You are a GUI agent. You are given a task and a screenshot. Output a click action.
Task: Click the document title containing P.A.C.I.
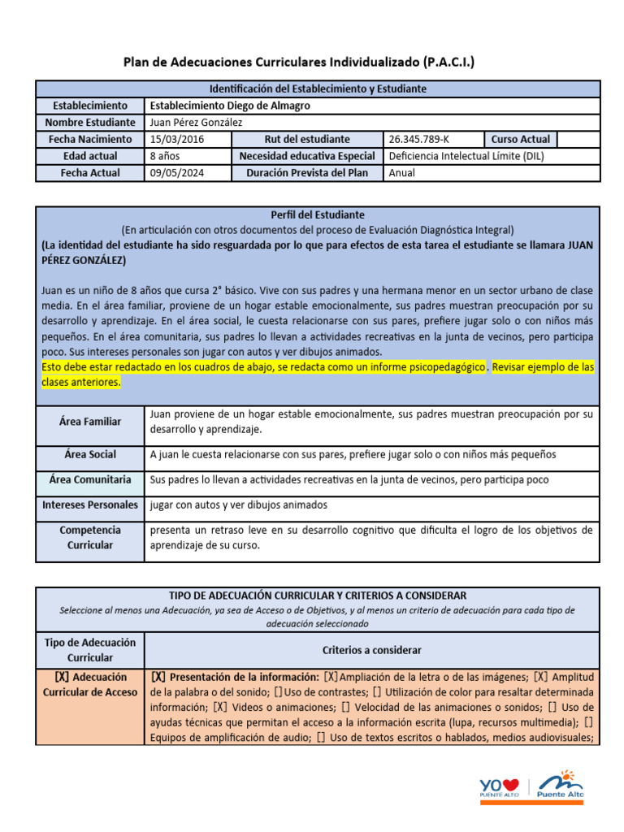[298, 62]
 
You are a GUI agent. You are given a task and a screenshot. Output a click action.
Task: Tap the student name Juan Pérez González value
[196, 122]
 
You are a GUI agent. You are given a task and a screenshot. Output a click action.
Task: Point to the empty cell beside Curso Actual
[578, 139]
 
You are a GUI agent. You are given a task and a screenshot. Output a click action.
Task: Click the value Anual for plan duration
[402, 172]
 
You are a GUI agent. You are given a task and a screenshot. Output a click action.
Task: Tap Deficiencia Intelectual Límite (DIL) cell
[466, 156]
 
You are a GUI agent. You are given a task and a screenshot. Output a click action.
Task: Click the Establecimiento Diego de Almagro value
[230, 106]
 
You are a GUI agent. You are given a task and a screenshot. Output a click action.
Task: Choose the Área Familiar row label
[90, 422]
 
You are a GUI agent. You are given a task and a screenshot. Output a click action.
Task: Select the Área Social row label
[90, 455]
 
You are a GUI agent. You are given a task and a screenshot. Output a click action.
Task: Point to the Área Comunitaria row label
[90, 480]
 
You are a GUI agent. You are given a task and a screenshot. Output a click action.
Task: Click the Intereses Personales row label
[90, 505]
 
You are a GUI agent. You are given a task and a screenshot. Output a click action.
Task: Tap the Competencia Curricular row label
[90, 537]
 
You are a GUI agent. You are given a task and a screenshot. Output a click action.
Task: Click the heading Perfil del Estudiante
[318, 215]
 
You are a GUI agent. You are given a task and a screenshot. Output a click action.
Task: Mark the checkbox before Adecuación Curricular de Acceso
[61, 677]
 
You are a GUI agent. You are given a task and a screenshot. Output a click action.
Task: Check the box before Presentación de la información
[158, 677]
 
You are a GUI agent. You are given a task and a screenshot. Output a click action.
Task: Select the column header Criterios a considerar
[371, 650]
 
